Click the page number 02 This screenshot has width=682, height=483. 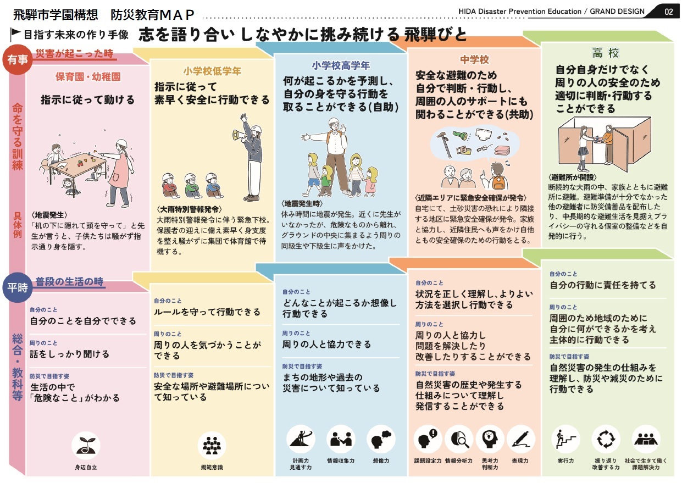coord(668,11)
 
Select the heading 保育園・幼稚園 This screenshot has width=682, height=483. coord(88,76)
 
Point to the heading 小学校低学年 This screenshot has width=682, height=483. coord(212,71)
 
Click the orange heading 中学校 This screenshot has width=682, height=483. coord(474,59)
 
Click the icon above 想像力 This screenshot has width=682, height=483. coord(381,438)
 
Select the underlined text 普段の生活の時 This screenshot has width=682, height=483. coord(69,282)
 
